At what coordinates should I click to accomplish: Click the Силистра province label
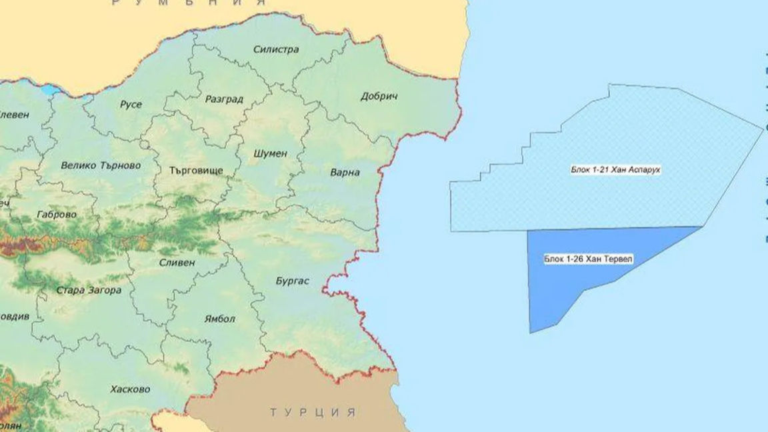click(276, 49)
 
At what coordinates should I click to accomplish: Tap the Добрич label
click(379, 97)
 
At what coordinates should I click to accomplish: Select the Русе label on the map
click(131, 104)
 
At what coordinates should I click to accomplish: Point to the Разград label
click(224, 99)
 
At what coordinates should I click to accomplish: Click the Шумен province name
click(270, 153)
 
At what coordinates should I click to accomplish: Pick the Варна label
click(345, 173)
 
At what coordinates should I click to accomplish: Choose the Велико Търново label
click(101, 165)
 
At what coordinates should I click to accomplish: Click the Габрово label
click(57, 215)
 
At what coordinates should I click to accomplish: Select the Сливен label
click(177, 263)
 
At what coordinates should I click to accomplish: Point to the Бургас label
click(292, 281)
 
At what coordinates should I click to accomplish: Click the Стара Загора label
click(88, 291)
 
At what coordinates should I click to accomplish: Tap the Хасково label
click(130, 389)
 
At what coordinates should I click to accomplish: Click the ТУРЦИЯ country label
click(313, 412)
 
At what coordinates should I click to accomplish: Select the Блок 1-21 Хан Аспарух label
click(615, 171)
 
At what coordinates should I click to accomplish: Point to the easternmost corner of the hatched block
click(762, 127)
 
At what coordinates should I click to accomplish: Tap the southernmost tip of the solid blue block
click(531, 331)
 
